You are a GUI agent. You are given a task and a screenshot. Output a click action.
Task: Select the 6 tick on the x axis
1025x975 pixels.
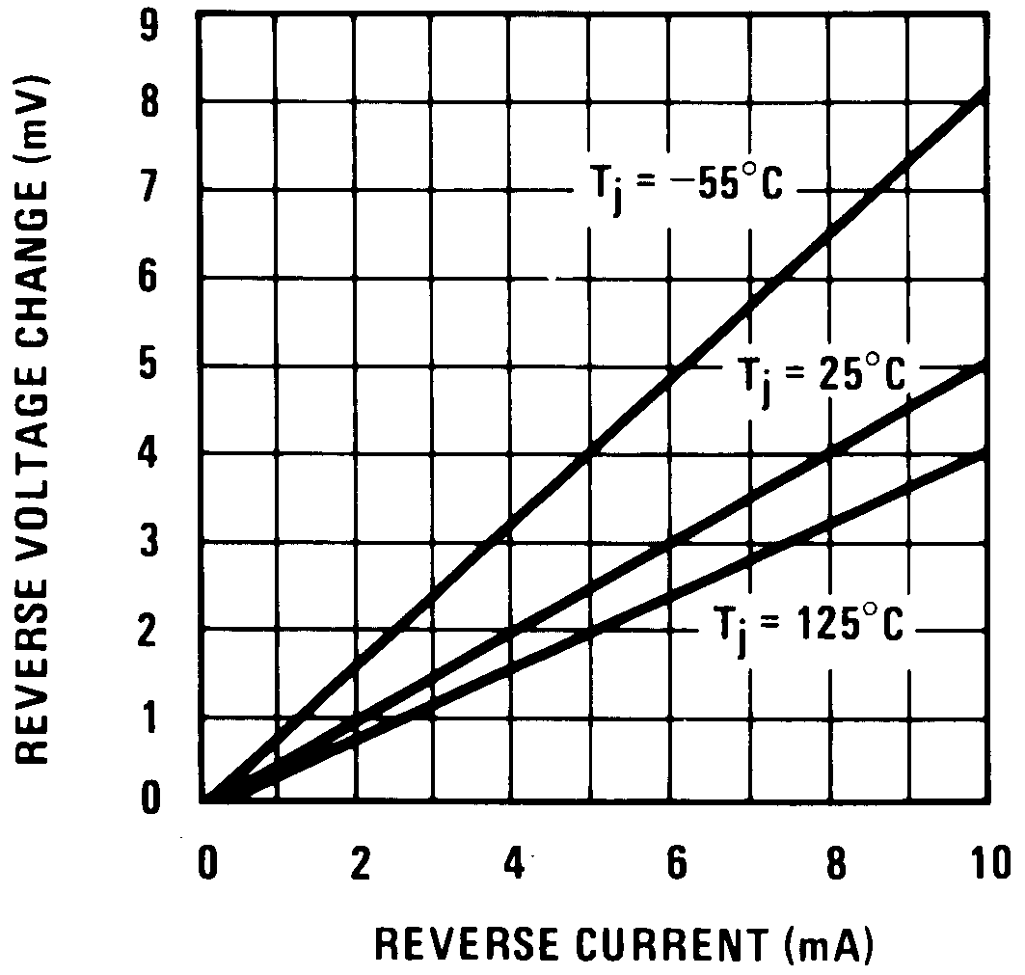675,861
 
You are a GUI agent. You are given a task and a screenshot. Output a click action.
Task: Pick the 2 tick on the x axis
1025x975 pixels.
360,861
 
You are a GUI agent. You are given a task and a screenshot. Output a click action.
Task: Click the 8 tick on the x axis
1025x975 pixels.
835,861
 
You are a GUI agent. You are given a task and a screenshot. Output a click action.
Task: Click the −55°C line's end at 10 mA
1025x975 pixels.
982,94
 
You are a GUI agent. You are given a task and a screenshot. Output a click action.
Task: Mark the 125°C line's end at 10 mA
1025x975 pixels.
982,453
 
